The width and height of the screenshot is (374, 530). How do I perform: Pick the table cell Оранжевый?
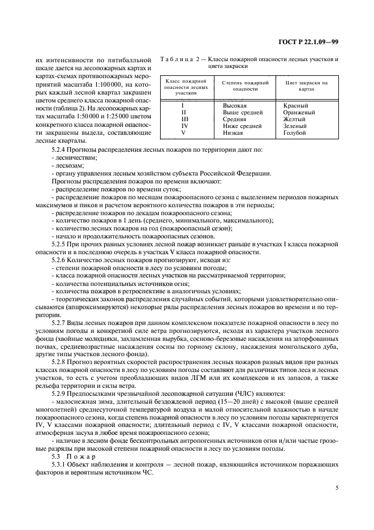(299, 112)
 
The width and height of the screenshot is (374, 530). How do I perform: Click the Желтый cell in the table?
(295, 119)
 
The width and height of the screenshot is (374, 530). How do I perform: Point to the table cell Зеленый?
(296, 126)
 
